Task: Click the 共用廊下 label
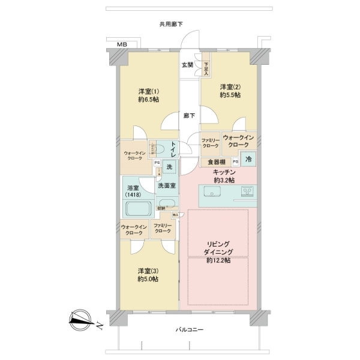[x=171, y=24]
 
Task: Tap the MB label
[x=122, y=45]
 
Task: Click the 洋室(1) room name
[x=146, y=91]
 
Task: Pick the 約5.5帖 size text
[x=230, y=95]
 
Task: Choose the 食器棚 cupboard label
[x=217, y=161]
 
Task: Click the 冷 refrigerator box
[x=247, y=160]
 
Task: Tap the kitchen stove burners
[x=248, y=192]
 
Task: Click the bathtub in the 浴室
[x=139, y=208]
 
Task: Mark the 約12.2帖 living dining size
[x=218, y=261]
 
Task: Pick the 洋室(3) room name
[x=146, y=270]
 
